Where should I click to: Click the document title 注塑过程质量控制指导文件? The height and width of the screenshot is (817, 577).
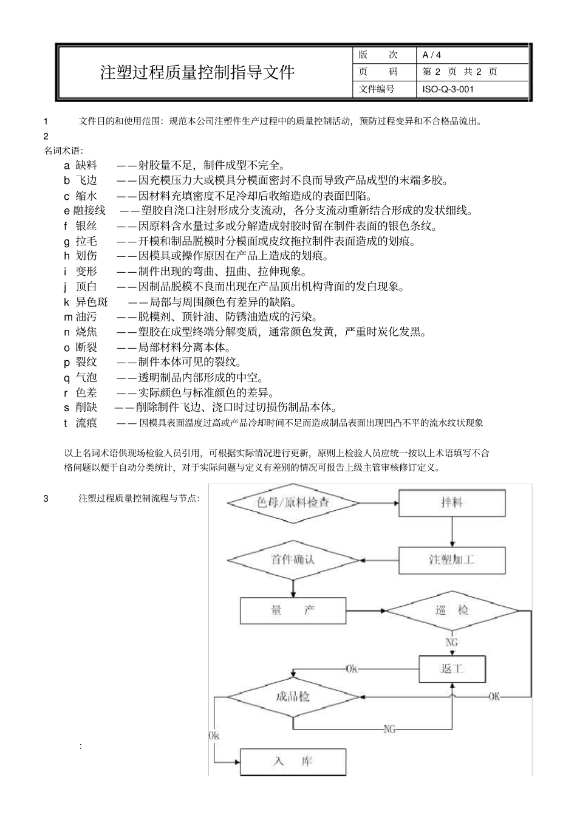coord(197,72)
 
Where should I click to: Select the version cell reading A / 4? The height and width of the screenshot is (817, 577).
coord(432,55)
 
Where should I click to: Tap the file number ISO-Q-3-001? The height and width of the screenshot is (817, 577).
coord(448,89)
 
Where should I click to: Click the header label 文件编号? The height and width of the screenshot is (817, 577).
coord(377,89)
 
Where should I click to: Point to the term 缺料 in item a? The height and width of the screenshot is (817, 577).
coord(86,165)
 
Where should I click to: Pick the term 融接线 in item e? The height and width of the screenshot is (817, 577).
coord(89,211)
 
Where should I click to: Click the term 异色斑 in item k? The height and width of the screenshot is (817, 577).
coord(92,302)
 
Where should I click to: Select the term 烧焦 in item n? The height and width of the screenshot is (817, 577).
coord(86,332)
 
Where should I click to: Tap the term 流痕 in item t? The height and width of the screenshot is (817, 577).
coord(86,423)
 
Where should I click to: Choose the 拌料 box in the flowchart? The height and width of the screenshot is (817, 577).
coord(451,503)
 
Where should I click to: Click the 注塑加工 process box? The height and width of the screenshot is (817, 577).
coord(451,559)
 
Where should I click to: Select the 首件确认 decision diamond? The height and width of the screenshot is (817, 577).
coord(293,559)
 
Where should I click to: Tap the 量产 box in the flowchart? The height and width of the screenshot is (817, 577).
coord(293,610)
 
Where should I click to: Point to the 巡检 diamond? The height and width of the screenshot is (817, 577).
coord(452,610)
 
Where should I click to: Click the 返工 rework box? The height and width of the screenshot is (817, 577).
coord(452,669)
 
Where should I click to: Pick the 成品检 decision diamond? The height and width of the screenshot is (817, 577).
coord(293,696)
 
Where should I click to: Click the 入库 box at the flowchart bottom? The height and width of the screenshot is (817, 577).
coord(293,761)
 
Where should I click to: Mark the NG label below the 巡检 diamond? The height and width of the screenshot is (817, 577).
coord(452,642)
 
